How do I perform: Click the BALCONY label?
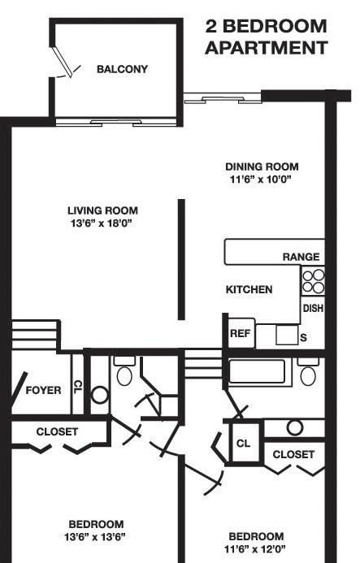122,69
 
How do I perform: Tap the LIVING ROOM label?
102,210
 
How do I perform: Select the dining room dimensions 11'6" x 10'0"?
260,180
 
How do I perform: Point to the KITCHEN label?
249,289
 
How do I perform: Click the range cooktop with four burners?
313,281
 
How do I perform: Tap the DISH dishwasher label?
313,309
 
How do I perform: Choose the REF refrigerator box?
241,333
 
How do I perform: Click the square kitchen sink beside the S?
287,335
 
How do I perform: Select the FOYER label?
43,390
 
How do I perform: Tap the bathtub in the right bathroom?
258,372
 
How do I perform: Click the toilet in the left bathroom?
124,371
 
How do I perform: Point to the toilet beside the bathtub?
308,372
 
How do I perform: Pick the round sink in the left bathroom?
99,395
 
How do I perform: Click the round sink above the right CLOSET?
295,427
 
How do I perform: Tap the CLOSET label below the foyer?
57,431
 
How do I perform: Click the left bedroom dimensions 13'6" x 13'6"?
95,538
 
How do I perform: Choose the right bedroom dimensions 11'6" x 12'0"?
255,549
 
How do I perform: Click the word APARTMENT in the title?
267,48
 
